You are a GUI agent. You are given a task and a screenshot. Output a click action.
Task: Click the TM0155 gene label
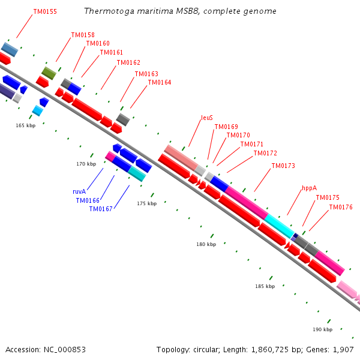pos(45,11)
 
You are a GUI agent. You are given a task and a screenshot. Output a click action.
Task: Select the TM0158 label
pos(83,35)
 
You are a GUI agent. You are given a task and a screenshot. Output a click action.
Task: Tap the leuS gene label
pos(207,118)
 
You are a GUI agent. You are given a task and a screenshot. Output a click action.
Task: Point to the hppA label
pos(309,188)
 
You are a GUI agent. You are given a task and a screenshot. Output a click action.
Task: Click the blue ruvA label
pos(79,191)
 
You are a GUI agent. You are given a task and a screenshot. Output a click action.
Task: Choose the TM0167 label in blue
pos(101,209)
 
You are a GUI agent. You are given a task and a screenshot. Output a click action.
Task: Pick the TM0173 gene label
pos(283,166)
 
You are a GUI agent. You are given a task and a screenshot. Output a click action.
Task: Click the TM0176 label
pos(341,208)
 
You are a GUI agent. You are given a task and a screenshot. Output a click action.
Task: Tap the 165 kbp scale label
pos(26,125)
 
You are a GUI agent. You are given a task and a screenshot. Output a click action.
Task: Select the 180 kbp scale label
pos(206,244)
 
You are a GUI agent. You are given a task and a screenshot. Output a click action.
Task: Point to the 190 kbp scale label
pos(323,329)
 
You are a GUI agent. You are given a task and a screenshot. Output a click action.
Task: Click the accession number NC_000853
pos(65,350)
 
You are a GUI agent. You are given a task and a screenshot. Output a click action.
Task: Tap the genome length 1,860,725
pos(270,350)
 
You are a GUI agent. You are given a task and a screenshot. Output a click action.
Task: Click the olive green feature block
pos(49,73)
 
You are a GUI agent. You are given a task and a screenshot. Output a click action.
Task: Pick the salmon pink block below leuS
pos(181,158)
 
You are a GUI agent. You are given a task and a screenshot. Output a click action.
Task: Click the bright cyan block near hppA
pos(279,226)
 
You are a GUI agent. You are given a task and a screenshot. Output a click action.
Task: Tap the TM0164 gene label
pos(160,82)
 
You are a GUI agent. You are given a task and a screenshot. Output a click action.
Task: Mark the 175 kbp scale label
pos(147,203)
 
